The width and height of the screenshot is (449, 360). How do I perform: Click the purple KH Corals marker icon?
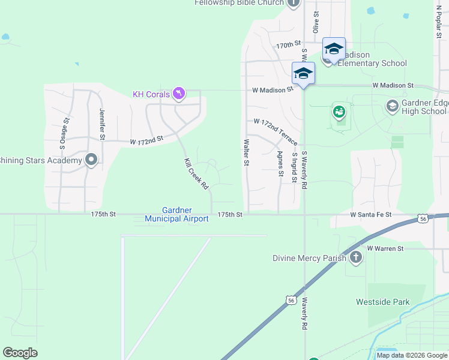pyautogui.click(x=178, y=94)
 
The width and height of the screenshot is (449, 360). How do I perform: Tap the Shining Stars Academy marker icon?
pyautogui.click(x=91, y=160)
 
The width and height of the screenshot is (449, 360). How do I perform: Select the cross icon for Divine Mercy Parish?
pyautogui.click(x=356, y=258)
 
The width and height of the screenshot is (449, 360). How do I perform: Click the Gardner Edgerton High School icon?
pyautogui.click(x=392, y=106)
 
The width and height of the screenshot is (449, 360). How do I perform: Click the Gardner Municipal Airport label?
pyautogui.click(x=176, y=214)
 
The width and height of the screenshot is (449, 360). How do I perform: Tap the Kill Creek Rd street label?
pyautogui.click(x=196, y=175)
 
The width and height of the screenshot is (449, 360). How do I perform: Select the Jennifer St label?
pyautogui.click(x=102, y=124)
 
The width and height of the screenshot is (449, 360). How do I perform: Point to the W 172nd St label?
pyautogui.click(x=146, y=142)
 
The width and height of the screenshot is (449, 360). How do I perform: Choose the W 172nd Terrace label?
pyautogui.click(x=276, y=131)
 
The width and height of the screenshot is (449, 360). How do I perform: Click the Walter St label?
pyautogui.click(x=246, y=153)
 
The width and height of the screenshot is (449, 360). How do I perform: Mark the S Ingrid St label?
pyautogui.click(x=294, y=168)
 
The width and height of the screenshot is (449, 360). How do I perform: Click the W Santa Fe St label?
pyautogui.click(x=371, y=214)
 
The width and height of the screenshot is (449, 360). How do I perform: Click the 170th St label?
pyautogui.click(x=288, y=45)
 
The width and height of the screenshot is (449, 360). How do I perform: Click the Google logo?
pyautogui.click(x=20, y=353)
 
